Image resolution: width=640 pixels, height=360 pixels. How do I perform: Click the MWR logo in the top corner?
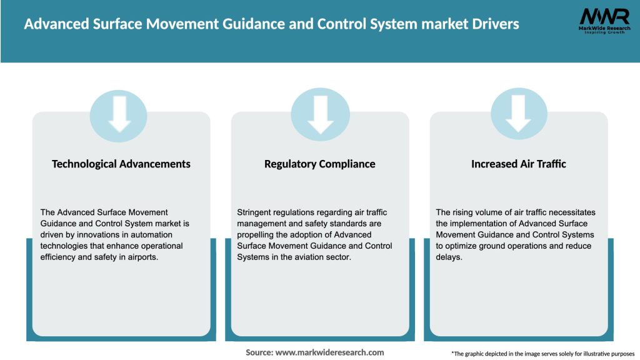pyautogui.click(x=604, y=21)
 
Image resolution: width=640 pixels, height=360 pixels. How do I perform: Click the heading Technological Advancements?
pyautogui.click(x=121, y=164)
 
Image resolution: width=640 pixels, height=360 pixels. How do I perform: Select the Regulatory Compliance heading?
pyautogui.click(x=320, y=164)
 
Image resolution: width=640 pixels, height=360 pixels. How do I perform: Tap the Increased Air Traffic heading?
pyautogui.click(x=519, y=164)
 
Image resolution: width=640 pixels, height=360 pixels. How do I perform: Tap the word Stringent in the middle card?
pyautogui.click(x=257, y=212)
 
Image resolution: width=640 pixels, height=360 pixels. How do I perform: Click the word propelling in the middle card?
pyautogui.click(x=256, y=235)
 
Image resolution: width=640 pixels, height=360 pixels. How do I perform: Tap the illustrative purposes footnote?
pyautogui.click(x=542, y=354)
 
